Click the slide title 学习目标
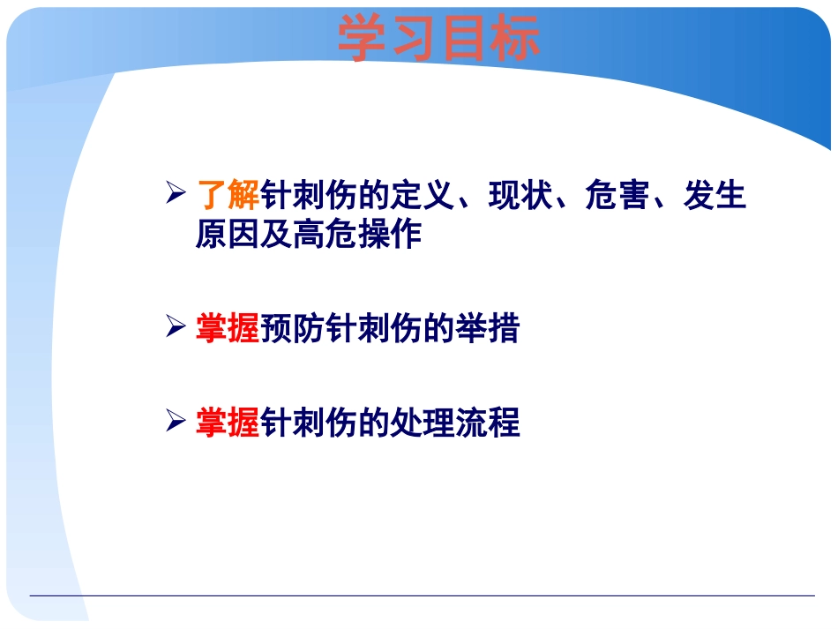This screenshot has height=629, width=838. (x=438, y=40)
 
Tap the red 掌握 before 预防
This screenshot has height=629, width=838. (x=228, y=329)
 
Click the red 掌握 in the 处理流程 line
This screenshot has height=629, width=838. (x=228, y=423)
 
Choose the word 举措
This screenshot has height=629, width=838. (x=488, y=329)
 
